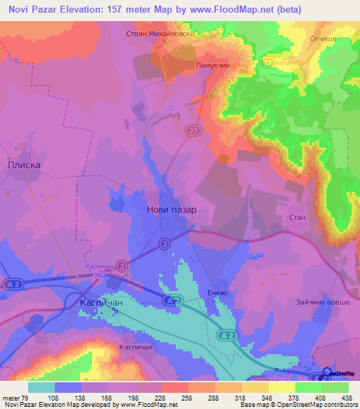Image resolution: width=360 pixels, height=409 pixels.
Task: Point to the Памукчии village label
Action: (x=213, y=65)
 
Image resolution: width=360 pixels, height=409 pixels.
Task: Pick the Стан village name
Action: (x=297, y=218)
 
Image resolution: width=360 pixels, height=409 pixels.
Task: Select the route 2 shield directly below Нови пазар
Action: (x=164, y=243)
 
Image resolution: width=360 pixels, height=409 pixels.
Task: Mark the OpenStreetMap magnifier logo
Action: (x=327, y=373)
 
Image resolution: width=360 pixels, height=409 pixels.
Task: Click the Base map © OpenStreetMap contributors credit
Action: (x=297, y=405)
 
